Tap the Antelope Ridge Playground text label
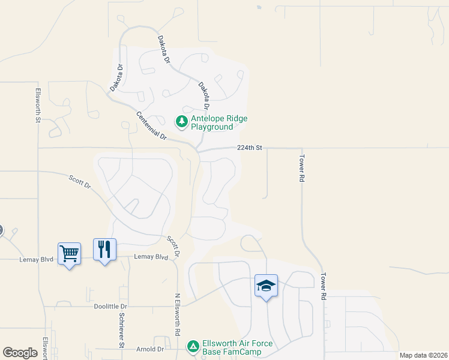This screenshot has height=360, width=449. point(219,122)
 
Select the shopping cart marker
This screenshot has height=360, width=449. point(69,254)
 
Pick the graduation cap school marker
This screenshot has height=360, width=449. point(266,286)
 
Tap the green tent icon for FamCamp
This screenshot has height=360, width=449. point(193,346)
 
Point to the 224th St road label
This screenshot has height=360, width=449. point(250,148)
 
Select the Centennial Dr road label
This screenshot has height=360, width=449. point(151,126)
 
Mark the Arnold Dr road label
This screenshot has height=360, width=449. point(150,349)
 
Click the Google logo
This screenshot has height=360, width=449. point(20,353)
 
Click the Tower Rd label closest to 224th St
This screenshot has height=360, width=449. point(303,170)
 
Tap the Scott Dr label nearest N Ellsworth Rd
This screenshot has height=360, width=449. point(174,247)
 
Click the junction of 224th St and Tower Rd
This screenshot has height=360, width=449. point(301,148)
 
